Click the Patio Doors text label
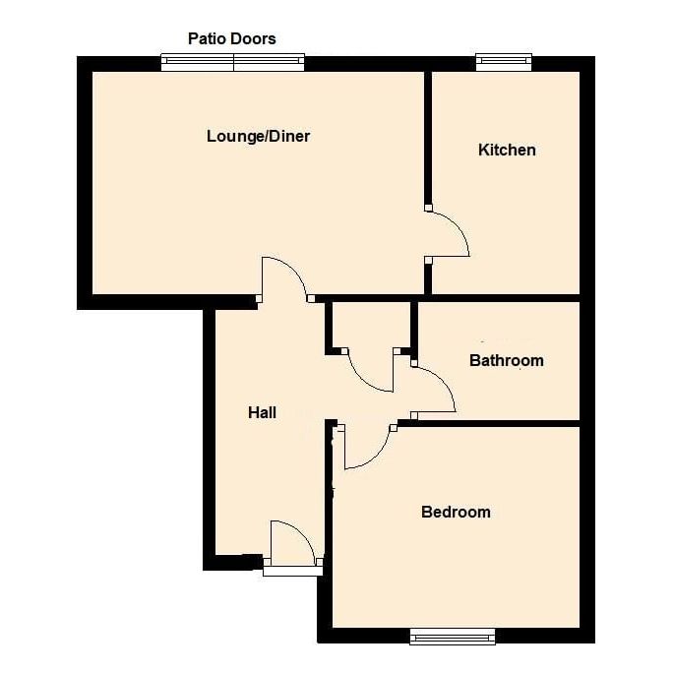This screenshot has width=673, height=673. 232,39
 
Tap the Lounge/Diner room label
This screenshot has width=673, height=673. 258,136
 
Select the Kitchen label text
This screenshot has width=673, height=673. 507,150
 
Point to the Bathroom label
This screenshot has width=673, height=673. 506,360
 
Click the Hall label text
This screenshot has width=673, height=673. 262,413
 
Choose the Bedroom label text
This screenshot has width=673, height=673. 456,512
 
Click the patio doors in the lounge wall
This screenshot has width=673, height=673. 233,63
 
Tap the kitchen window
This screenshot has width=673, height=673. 504,63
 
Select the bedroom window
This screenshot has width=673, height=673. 453,638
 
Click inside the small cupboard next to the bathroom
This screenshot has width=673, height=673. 370,325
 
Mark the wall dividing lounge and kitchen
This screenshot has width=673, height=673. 428,138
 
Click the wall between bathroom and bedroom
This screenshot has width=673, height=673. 492,423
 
